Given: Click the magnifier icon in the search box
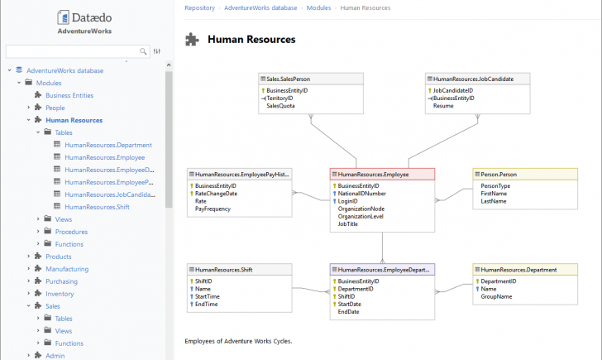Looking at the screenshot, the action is (143, 51).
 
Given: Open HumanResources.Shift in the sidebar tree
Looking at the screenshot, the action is (97, 207).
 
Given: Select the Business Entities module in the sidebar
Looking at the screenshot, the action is (69, 95).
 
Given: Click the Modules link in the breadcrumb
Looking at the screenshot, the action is (318, 7).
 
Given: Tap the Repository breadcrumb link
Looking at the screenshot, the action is (199, 7).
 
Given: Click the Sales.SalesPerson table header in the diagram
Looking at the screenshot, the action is (311, 79).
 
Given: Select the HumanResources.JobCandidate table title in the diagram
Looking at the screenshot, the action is (473, 79).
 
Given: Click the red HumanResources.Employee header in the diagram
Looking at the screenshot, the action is (382, 174).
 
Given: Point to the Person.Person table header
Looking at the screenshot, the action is (525, 174).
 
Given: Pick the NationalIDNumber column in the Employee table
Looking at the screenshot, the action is (361, 194).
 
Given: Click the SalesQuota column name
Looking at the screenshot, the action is (280, 106).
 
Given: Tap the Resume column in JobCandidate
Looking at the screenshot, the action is (443, 106).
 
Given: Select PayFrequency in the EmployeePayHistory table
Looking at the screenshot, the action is (213, 209).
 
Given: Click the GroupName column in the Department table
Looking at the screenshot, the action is (496, 296).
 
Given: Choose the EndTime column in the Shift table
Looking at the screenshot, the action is (206, 305).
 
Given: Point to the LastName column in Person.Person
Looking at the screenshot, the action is (494, 201).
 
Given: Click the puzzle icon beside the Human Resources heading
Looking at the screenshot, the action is (192, 39).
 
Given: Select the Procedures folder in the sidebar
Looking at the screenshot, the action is (71, 232).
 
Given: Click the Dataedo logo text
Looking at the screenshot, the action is (91, 17).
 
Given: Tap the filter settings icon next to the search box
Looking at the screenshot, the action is (157, 51).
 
